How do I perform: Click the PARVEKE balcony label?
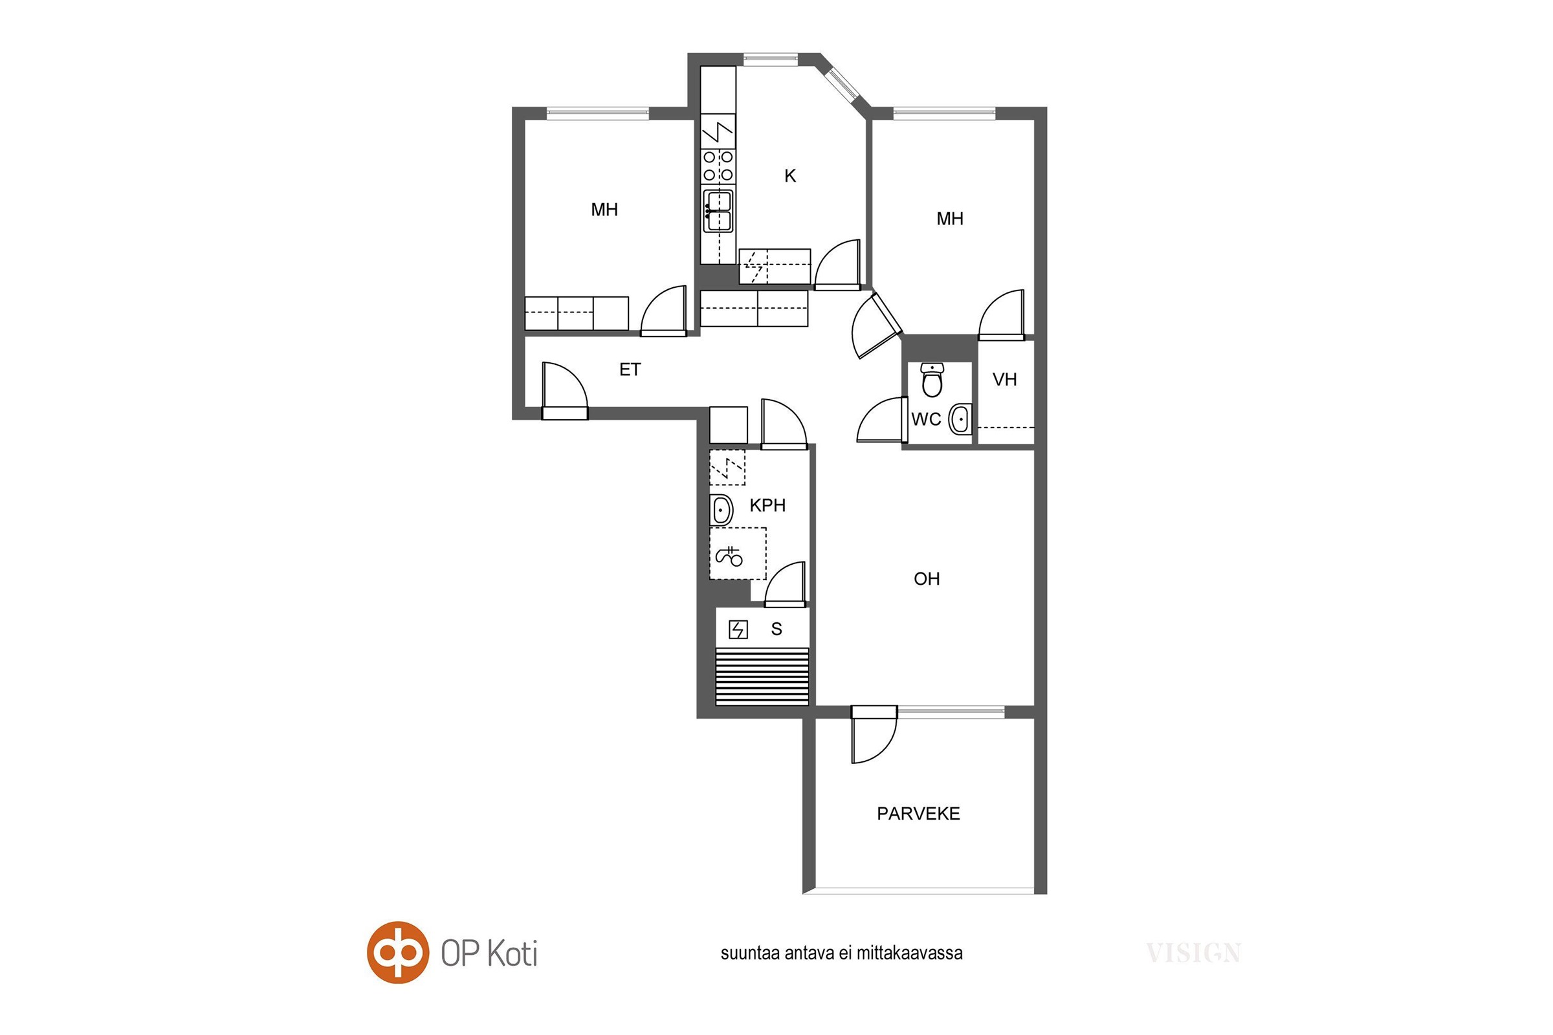918,814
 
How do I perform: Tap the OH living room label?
927,579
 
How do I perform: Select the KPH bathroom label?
767,506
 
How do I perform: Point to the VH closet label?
1004,380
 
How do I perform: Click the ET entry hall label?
630,369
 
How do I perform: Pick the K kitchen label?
789,175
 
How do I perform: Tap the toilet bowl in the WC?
932,380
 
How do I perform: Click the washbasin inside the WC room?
960,419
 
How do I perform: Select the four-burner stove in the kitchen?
718,166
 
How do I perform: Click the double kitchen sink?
718,212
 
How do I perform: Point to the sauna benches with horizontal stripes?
762,677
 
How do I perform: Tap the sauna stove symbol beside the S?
738,629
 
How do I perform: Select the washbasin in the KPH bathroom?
721,510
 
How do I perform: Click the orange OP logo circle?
397,952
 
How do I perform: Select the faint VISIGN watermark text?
1193,953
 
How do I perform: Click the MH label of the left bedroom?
604,210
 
